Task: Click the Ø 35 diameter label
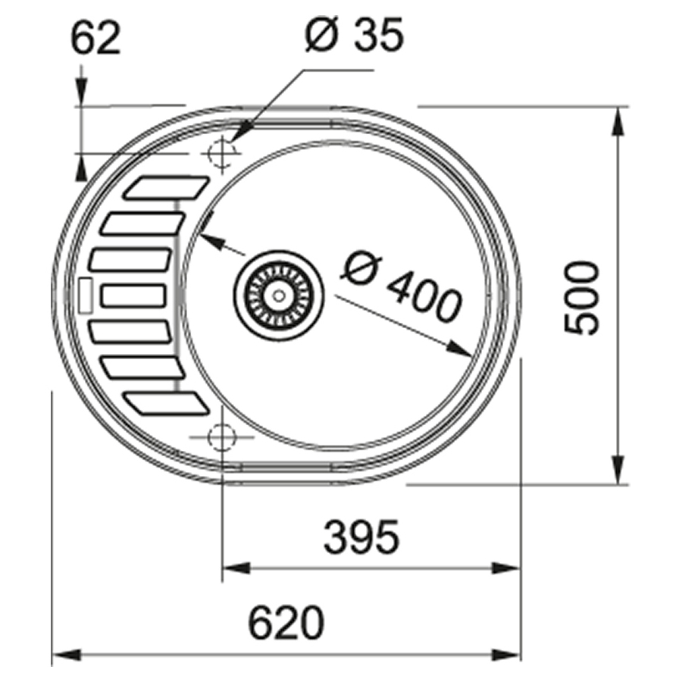pyautogui.click(x=354, y=36)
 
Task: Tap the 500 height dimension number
pyautogui.click(x=582, y=297)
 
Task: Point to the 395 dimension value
pyautogui.click(x=360, y=537)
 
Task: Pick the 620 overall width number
pyautogui.click(x=286, y=624)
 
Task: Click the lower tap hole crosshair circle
pyautogui.click(x=221, y=437)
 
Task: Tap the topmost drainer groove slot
pyautogui.click(x=165, y=187)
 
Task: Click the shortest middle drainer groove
pyautogui.click(x=133, y=295)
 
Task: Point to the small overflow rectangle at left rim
pyautogui.click(x=85, y=295)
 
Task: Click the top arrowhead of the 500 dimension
pyautogui.click(x=619, y=121)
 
